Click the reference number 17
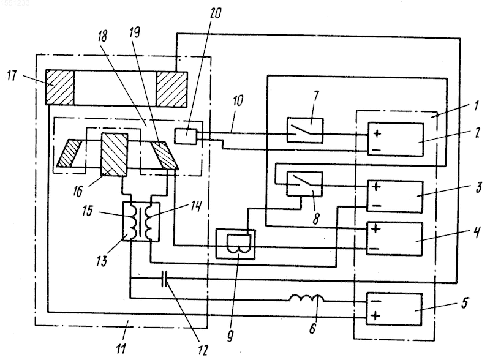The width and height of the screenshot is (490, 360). click(x=12, y=76)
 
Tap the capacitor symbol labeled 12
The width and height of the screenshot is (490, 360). click(x=165, y=279)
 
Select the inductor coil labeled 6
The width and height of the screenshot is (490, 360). click(x=306, y=298)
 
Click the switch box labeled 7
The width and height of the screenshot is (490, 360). click(x=305, y=130)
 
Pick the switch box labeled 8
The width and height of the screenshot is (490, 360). click(x=304, y=184)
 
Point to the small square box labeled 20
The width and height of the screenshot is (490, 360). click(x=186, y=137)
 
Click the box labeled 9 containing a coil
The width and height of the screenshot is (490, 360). click(x=236, y=244)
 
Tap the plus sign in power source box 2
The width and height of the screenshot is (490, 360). click(x=377, y=133)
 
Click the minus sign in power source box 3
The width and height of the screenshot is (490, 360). click(x=377, y=206)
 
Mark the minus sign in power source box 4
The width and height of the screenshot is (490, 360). click(x=375, y=249)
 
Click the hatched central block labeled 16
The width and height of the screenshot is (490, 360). click(x=114, y=154)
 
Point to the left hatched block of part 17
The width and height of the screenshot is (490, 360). click(x=59, y=87)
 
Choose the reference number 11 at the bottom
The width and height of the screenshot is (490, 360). click(x=121, y=348)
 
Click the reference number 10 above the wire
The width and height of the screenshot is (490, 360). click(x=238, y=101)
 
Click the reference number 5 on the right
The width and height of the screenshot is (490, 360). click(x=465, y=302)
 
